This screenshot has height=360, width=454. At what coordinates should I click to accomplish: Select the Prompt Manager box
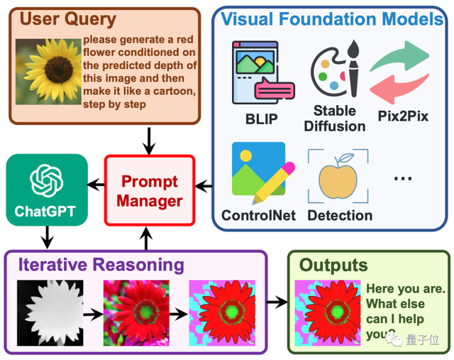(x=149, y=191)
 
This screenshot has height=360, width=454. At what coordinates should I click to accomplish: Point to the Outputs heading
(x=333, y=265)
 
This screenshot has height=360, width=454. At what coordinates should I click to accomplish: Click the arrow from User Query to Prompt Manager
(x=149, y=143)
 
